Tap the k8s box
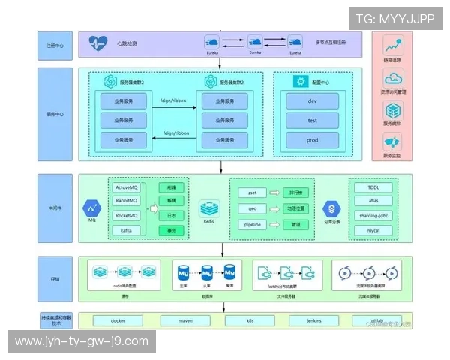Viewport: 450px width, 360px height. (x=250, y=320)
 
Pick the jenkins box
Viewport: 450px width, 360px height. (x=314, y=320)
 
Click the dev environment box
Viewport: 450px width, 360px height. (x=312, y=100)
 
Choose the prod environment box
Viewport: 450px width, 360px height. (x=312, y=140)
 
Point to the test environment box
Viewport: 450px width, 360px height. (x=312, y=120)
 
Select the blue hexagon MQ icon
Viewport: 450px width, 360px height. (x=93, y=207)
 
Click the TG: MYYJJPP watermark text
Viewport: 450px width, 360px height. (x=394, y=18)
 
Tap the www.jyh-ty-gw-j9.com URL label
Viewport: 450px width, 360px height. (x=81, y=341)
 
